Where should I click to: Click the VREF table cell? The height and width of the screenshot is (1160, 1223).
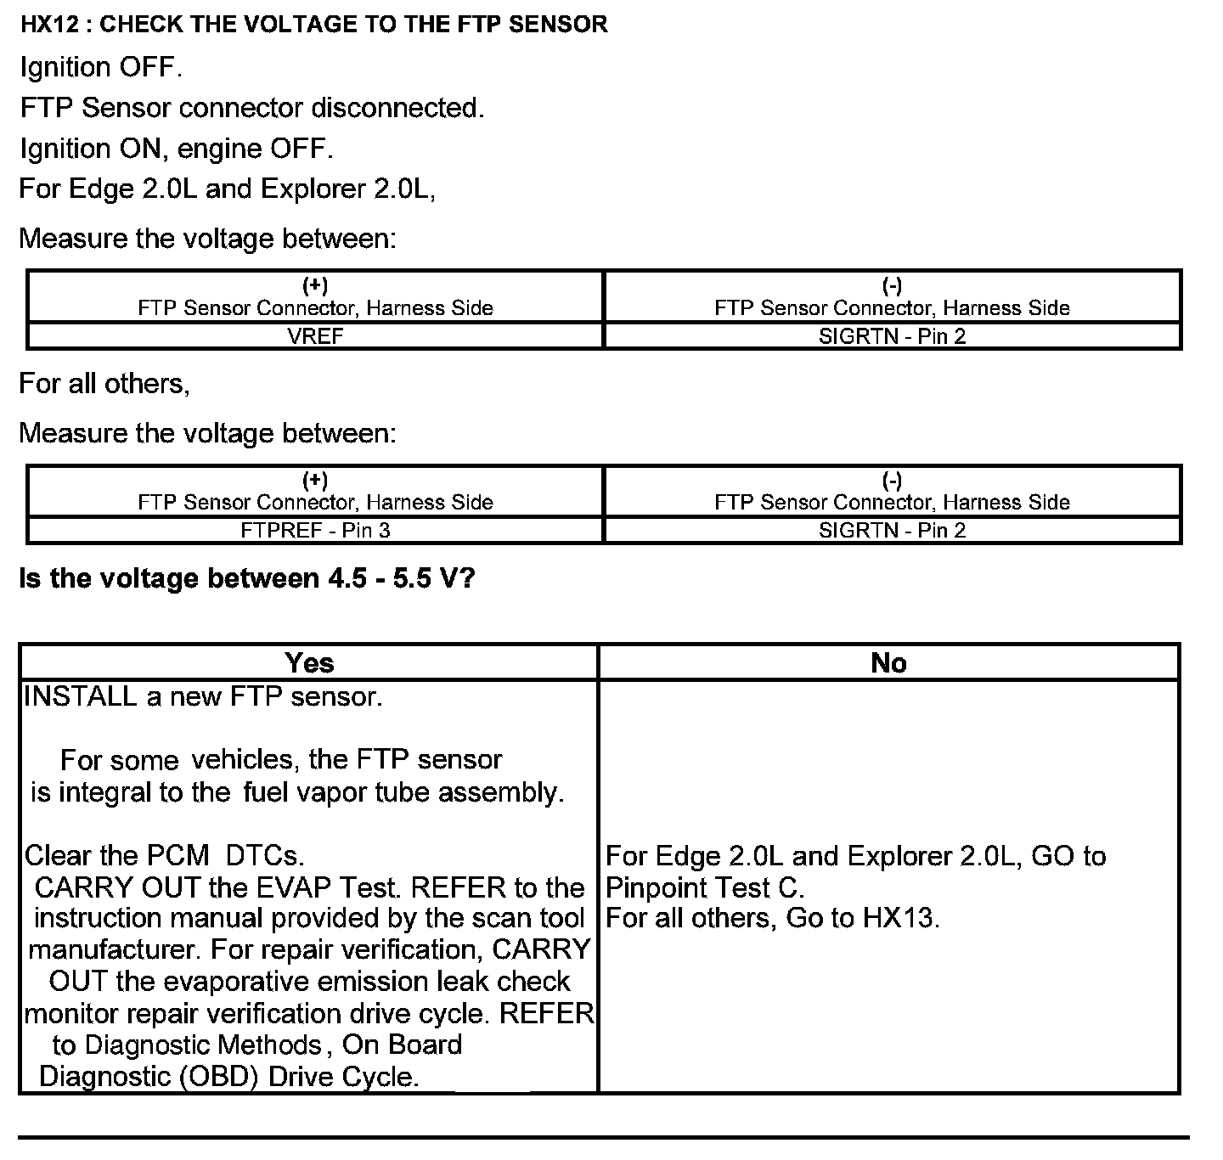click(315, 336)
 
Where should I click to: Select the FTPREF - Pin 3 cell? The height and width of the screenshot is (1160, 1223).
click(315, 531)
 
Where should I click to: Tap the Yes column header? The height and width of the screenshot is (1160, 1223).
click(309, 662)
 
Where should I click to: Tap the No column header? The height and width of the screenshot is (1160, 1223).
click(888, 662)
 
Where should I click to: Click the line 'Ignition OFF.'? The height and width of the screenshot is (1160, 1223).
click(101, 67)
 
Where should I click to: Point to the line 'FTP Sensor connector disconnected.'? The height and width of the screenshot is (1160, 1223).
click(251, 108)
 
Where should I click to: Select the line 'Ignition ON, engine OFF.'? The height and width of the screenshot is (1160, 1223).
click(176, 149)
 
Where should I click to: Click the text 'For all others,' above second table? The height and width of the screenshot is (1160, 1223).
click(104, 384)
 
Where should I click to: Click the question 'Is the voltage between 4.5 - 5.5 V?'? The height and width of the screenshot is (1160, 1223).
click(247, 578)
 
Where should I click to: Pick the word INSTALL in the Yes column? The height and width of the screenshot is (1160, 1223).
click(81, 696)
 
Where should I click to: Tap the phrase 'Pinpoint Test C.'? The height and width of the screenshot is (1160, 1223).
click(704, 887)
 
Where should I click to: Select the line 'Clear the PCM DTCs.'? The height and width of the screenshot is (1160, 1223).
click(164, 855)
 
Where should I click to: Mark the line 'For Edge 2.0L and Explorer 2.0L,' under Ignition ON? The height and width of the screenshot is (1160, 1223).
click(228, 189)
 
